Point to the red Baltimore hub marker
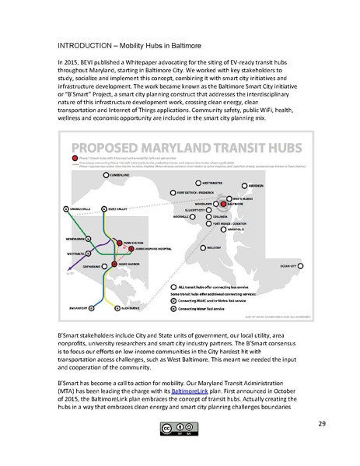point(222,203)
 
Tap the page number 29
point(321,445)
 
